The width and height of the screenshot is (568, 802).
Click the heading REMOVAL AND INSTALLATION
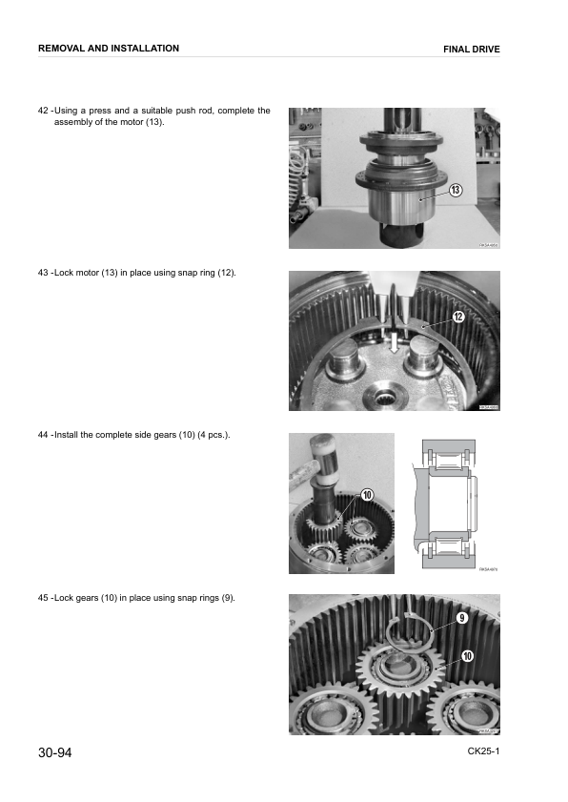click(108, 48)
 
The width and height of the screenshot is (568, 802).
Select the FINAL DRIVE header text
click(471, 49)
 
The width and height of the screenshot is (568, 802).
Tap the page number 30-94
click(55, 753)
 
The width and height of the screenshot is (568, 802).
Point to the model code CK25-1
click(483, 751)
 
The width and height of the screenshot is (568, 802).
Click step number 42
click(43, 111)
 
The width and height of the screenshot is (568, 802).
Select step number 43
click(43, 274)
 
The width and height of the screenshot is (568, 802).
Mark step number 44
click(43, 435)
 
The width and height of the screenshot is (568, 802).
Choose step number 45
click(43, 598)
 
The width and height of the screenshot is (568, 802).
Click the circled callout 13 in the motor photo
click(456, 191)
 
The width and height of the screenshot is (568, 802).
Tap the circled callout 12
click(457, 317)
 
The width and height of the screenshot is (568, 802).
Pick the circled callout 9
click(461, 618)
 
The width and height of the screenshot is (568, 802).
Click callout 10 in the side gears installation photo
click(366, 493)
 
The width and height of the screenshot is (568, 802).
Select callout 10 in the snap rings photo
click(467, 655)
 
